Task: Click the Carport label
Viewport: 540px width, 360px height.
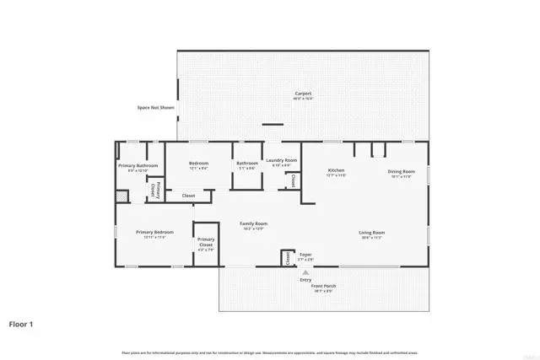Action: point(304,93)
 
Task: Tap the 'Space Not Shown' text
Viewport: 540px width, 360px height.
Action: point(154,107)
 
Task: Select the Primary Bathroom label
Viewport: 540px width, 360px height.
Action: point(137,165)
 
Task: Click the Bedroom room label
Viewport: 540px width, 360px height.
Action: point(198,163)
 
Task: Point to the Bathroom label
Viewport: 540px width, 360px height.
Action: point(247,163)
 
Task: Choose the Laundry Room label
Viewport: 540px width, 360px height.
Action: point(281,160)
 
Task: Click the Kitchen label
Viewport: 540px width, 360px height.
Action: point(337,171)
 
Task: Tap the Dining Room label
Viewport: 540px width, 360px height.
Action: point(401,171)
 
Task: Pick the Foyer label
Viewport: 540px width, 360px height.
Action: point(305,255)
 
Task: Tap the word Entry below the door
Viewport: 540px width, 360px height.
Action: point(305,279)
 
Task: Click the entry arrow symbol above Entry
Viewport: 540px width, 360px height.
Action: point(305,272)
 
